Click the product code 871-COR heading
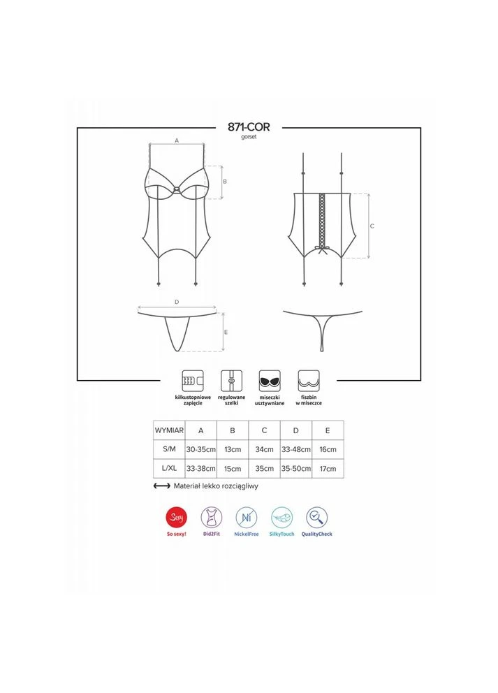249,127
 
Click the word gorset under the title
249,137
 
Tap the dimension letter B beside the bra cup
225,182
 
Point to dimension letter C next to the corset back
372,226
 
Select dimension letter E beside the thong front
226,332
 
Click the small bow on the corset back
322,250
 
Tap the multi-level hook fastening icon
193,381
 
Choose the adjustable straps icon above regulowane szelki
232,381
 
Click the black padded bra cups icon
270,381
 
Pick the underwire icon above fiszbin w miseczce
309,381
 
